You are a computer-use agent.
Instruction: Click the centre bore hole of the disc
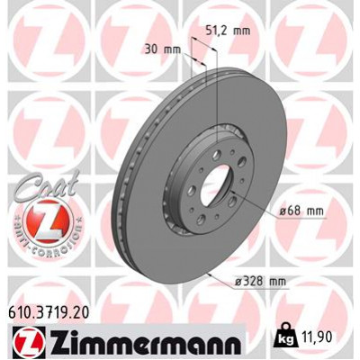[x=213, y=189]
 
